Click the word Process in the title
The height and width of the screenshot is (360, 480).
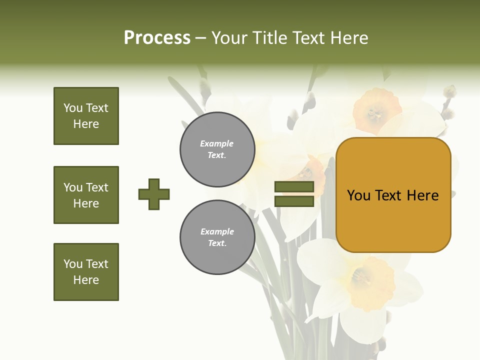coord(157,38)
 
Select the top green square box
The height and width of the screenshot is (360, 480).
coord(86,116)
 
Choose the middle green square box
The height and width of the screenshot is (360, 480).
coord(86,195)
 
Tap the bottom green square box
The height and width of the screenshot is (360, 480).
coord(86,272)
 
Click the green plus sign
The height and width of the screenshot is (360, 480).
coord(154,194)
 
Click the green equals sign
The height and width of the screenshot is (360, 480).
coord(294,194)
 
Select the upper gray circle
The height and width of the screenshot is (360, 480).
coord(217,149)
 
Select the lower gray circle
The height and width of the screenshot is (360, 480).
coord(217,237)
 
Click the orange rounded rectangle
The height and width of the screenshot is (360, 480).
coord(393,195)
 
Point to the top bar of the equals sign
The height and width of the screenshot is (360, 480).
coord(294,187)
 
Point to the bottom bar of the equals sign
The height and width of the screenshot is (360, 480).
coord(294,201)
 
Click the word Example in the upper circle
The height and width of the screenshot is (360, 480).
coord(216,144)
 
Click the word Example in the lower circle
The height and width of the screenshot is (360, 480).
coord(217,232)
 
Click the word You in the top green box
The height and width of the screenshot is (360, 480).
coord(73,108)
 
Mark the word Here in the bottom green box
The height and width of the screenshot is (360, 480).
coord(86,280)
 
